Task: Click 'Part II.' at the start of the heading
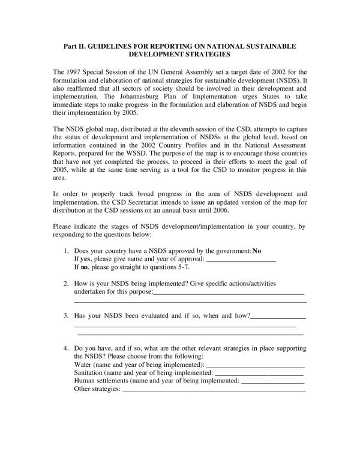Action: tap(75, 46)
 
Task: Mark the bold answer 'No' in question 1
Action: tap(257, 250)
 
